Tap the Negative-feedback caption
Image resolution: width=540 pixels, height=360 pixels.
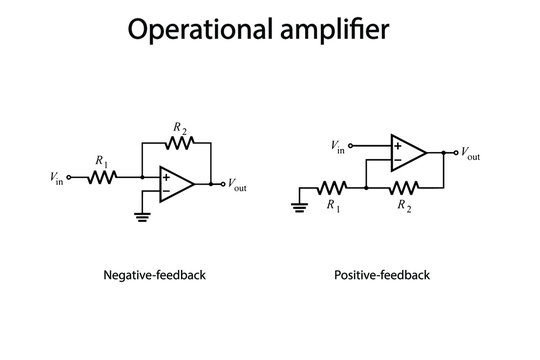(x=154, y=274)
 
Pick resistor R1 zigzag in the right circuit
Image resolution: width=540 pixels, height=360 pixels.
(x=332, y=187)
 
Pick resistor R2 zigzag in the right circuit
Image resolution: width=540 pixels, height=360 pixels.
(x=404, y=187)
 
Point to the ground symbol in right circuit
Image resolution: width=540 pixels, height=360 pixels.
(x=299, y=207)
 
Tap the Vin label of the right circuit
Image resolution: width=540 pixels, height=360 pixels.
(x=339, y=147)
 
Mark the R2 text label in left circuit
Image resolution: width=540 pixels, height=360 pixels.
(x=179, y=127)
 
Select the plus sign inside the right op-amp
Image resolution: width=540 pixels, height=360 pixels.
(x=398, y=146)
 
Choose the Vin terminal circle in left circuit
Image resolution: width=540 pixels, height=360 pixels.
(x=69, y=177)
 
